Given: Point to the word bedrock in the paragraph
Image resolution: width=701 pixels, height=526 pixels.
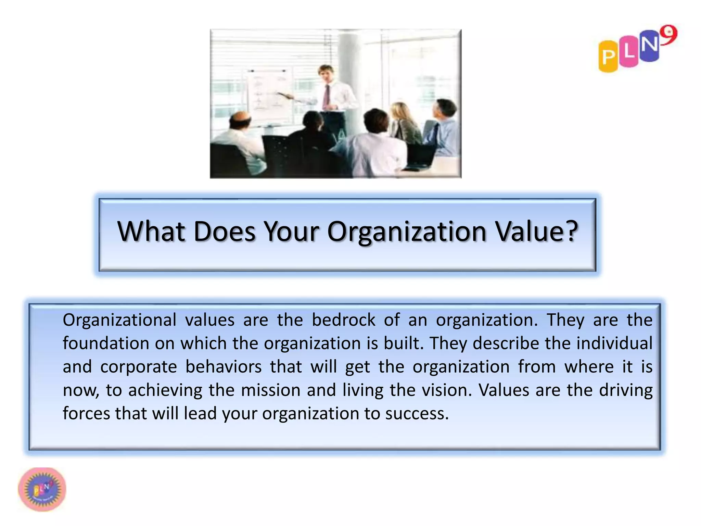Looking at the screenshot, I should [343, 320].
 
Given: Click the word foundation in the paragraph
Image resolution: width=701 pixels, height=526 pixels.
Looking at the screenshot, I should [106, 343].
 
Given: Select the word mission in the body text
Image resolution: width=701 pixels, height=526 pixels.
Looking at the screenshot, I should [270, 390].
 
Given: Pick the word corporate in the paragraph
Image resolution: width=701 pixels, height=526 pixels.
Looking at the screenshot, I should [138, 367].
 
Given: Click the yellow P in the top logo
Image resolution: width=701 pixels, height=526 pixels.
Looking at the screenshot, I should [608, 57].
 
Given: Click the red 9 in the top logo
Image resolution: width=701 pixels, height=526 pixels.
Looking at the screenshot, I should [668, 35].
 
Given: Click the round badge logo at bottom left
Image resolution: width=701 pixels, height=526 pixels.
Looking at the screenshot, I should [42, 489].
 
